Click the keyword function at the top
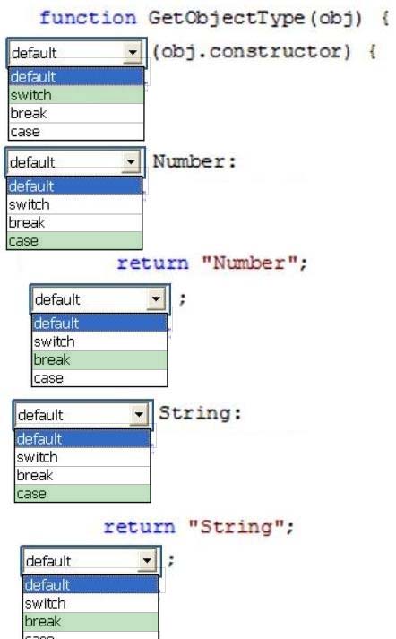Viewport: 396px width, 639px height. coord(88,18)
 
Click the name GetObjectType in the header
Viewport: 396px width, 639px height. coord(226,18)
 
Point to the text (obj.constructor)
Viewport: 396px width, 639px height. coord(252,52)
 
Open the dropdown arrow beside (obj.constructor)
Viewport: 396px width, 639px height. coord(133,53)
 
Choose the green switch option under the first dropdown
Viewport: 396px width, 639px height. coord(76,95)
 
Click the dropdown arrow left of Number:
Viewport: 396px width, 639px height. coord(131,162)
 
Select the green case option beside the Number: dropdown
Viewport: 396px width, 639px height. coord(74,240)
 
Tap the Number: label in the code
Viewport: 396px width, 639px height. coord(194,162)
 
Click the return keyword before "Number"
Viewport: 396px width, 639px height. coord(153,263)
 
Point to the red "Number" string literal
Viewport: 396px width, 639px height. coord(249,263)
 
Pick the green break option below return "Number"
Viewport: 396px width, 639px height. coord(99,360)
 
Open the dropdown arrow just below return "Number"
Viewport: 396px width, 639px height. coord(156,299)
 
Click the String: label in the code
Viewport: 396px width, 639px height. coord(200,413)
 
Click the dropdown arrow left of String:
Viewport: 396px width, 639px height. coord(139,415)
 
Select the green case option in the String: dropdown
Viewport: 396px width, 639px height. coord(82,494)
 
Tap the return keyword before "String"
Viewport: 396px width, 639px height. coord(140,527)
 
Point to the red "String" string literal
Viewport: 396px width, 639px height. coord(236,527)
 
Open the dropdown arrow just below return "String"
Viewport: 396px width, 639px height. coord(147,561)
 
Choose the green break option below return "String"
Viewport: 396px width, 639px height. coord(90,621)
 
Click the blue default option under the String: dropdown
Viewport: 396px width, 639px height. coord(82,439)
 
